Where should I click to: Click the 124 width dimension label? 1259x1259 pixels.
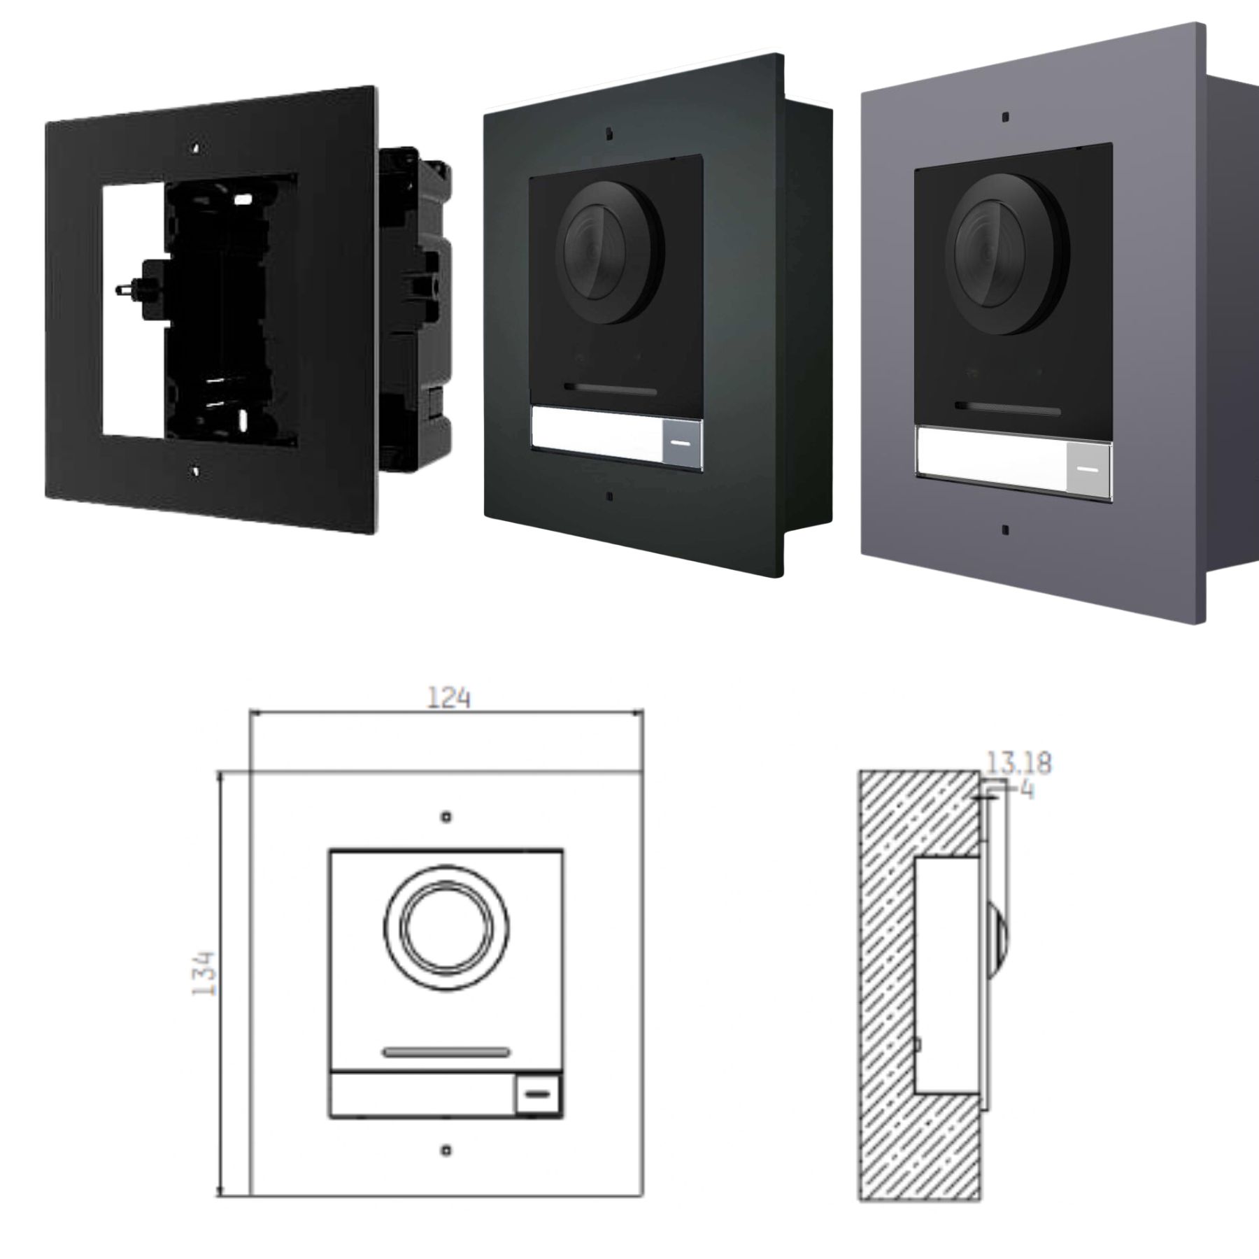[x=448, y=697]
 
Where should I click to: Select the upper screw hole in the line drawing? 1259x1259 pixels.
[x=446, y=817]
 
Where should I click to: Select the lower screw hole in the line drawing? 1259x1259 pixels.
[x=446, y=1150]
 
